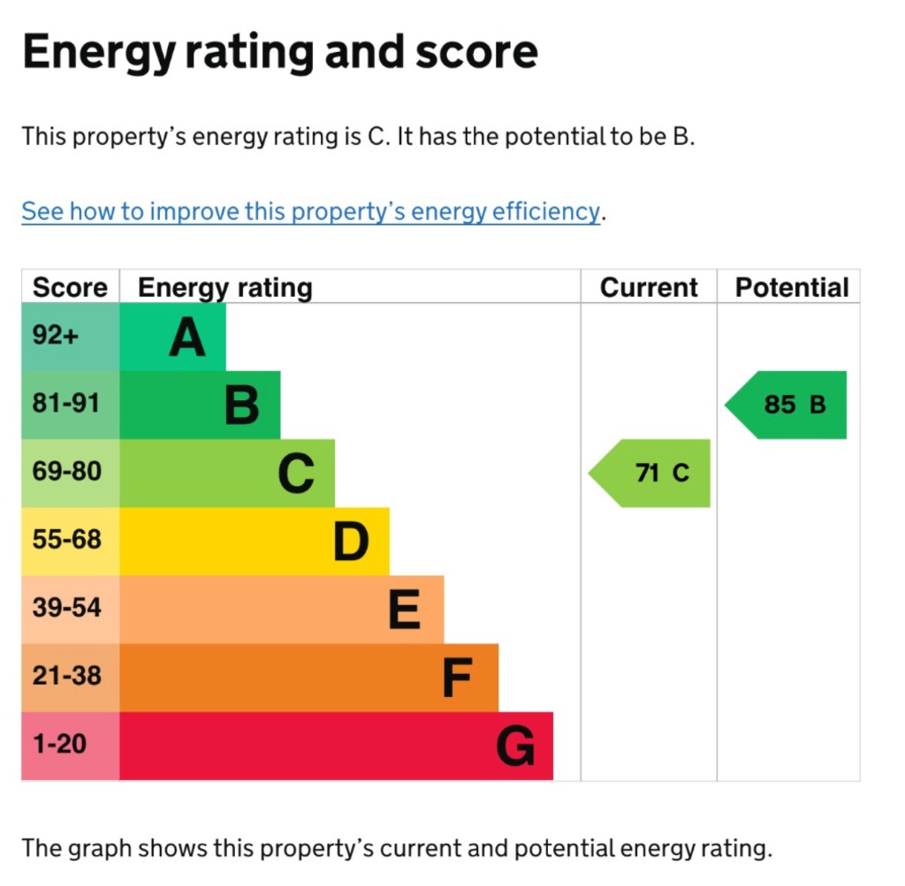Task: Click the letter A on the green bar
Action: pos(186,337)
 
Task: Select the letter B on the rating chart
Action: pos(241,405)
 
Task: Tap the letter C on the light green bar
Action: pos(296,473)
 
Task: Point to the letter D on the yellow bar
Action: pos(351,541)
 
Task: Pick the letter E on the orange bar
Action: pos(405,610)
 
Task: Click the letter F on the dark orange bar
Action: pos(458,678)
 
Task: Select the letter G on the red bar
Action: pos(515,746)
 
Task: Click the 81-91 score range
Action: pos(66,404)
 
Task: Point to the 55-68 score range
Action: pos(66,540)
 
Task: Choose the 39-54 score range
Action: pos(66,608)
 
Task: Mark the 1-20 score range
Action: pos(59,745)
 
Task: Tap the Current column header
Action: pos(649,288)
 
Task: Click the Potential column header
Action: pos(792,288)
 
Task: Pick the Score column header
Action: pos(70,288)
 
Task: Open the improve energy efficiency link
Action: pos(310,212)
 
